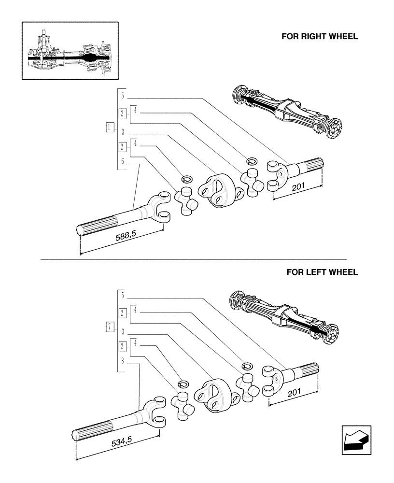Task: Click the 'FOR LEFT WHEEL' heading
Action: (322, 272)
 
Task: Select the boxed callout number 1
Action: (110, 128)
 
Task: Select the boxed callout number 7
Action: (110, 327)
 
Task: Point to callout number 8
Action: (123, 360)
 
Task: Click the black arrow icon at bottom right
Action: (356, 440)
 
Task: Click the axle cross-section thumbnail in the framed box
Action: (70, 50)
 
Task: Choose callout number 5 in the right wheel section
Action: (123, 96)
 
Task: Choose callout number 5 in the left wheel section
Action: (123, 295)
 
